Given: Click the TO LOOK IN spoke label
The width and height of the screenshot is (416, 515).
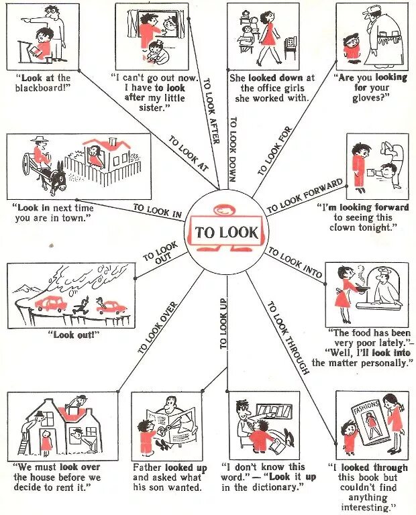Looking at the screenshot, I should point(157,211).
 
